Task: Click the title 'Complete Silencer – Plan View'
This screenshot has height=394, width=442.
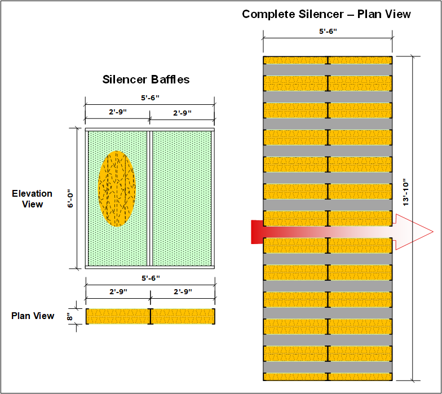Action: pyautogui.click(x=326, y=14)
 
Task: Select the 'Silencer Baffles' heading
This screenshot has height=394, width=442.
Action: pyautogui.click(x=146, y=79)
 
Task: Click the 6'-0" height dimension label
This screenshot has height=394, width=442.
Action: pyautogui.click(x=71, y=198)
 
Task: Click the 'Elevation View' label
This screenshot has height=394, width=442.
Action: pyautogui.click(x=32, y=198)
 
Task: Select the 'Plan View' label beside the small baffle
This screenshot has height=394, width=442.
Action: pyautogui.click(x=33, y=316)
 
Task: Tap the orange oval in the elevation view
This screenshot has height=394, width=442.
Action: pyautogui.click(x=117, y=188)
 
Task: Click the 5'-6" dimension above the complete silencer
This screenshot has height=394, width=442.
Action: pyautogui.click(x=328, y=32)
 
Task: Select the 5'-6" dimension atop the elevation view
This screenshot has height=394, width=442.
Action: pyautogui.click(x=149, y=98)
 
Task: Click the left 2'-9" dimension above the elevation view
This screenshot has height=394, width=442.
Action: pyautogui.click(x=117, y=113)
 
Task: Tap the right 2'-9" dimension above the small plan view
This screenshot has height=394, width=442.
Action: pyautogui.click(x=183, y=292)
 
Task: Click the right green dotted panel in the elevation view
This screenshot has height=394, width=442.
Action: pyautogui.click(x=182, y=197)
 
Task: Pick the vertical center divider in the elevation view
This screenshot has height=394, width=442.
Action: pyautogui.click(x=149, y=197)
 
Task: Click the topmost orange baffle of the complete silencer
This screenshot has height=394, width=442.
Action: pyautogui.click(x=328, y=60)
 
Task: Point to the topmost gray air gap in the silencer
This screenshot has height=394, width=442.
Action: pyautogui.click(x=328, y=70)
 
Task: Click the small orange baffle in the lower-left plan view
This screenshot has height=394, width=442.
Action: pyautogui.click(x=150, y=316)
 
